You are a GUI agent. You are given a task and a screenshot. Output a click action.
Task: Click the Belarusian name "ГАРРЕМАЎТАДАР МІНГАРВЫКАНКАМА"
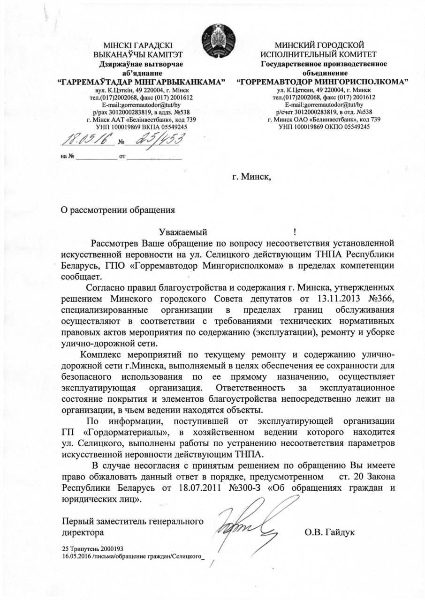(141, 82)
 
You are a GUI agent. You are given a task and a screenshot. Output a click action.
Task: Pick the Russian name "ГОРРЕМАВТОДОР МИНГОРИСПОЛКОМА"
(322, 82)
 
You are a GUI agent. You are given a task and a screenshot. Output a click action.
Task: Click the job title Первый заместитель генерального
(133, 521)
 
